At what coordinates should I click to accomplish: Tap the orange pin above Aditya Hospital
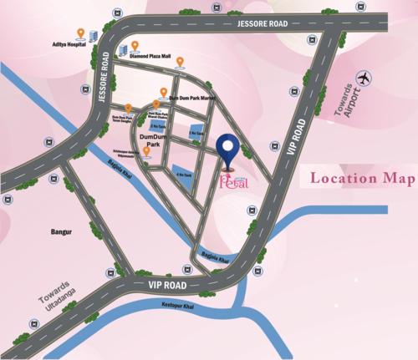[x=80, y=34]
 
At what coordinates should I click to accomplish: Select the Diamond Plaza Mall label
[x=150, y=57]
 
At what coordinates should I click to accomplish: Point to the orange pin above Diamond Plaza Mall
[x=134, y=45]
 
